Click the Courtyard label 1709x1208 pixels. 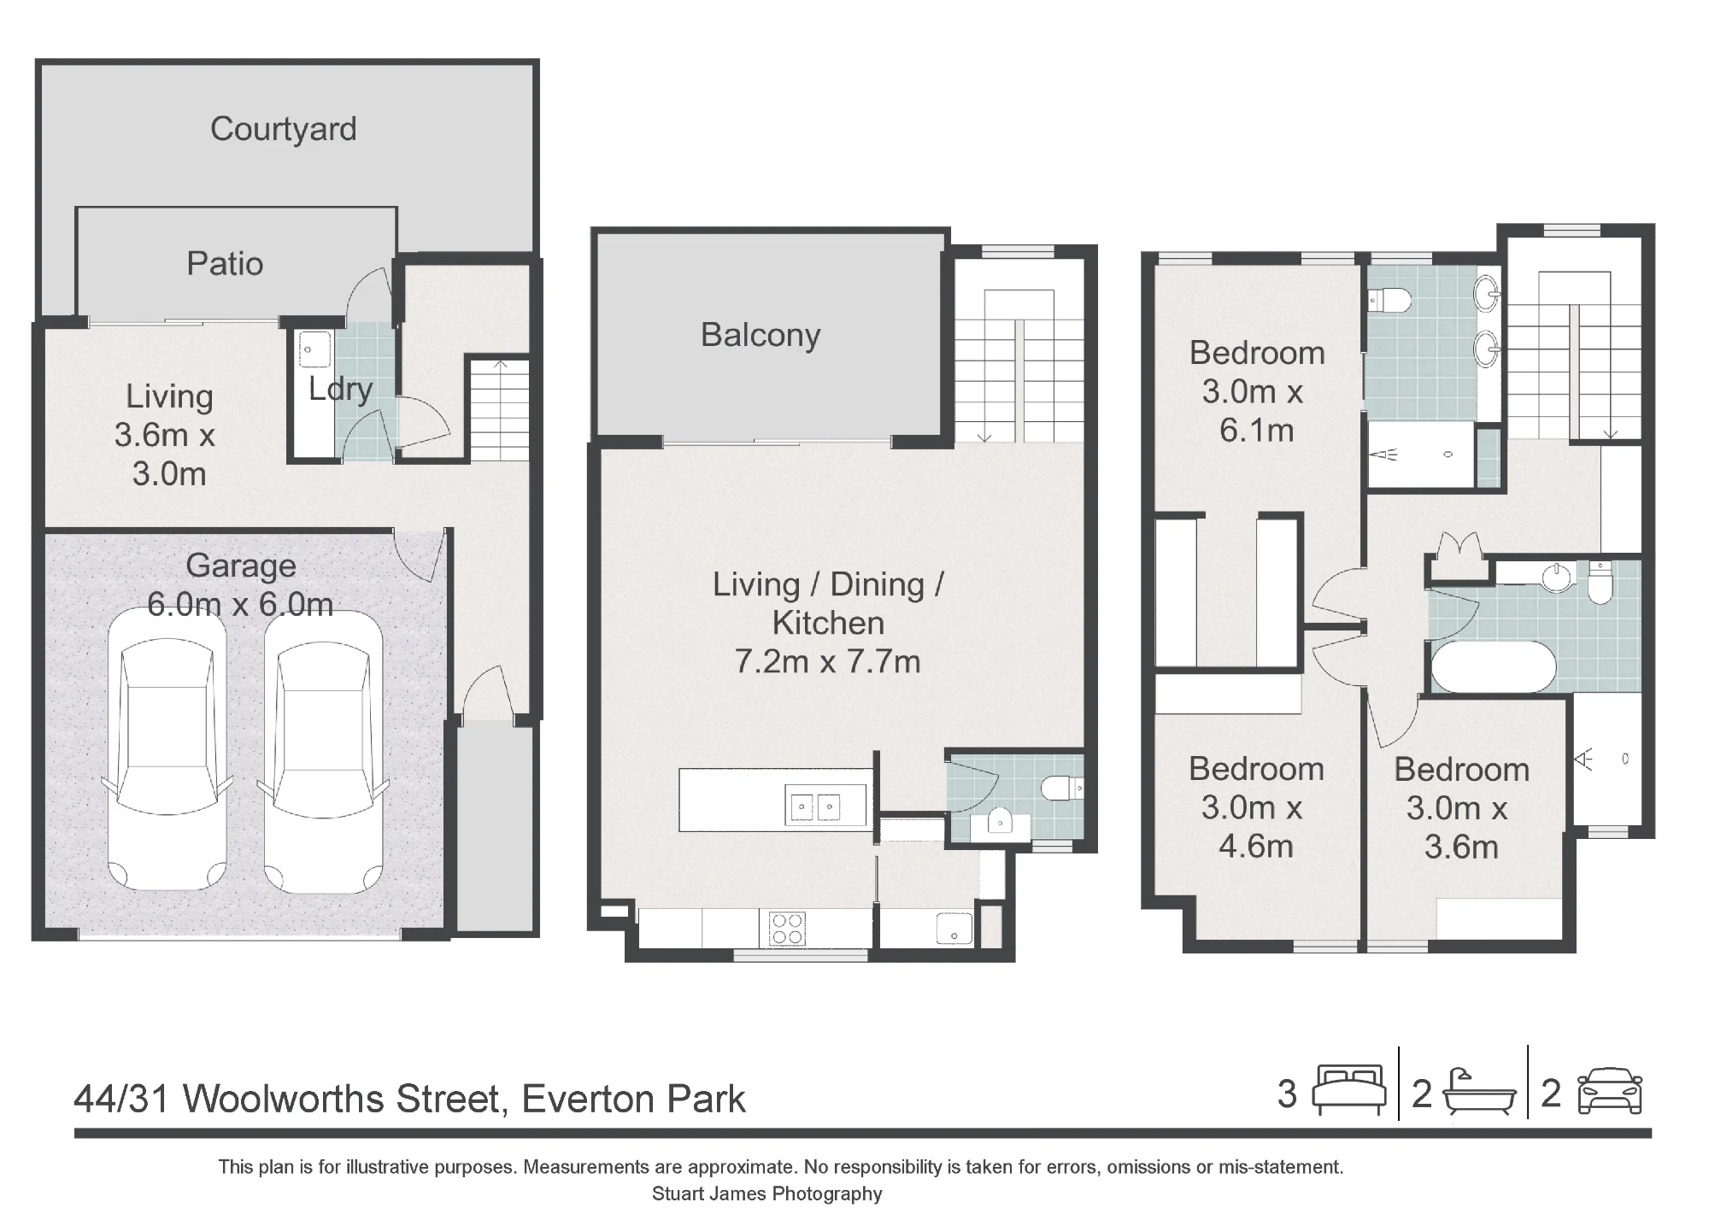click(284, 130)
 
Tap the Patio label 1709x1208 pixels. click(225, 264)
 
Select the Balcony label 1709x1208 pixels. click(761, 336)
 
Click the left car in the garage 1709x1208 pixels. click(167, 750)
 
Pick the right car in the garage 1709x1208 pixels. click(323, 750)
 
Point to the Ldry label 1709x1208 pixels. click(340, 390)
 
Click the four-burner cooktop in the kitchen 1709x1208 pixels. click(787, 929)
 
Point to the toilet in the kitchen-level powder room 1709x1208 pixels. click(1063, 788)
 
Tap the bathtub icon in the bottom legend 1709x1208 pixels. click(1479, 1093)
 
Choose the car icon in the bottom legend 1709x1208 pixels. click(1610, 1091)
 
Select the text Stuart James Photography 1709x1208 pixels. click(766, 1193)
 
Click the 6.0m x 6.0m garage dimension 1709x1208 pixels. click(240, 605)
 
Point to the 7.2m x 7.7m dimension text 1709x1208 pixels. click(828, 662)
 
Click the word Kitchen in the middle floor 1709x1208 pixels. click(828, 624)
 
